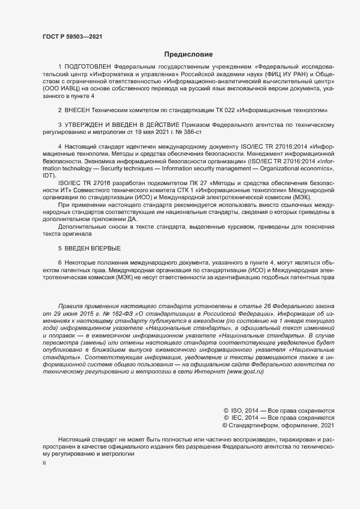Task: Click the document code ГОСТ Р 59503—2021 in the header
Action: tap(72, 36)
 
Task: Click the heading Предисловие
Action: tap(188, 54)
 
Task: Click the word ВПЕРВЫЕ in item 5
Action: tap(102, 248)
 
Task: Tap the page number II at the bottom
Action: tap(45, 463)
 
